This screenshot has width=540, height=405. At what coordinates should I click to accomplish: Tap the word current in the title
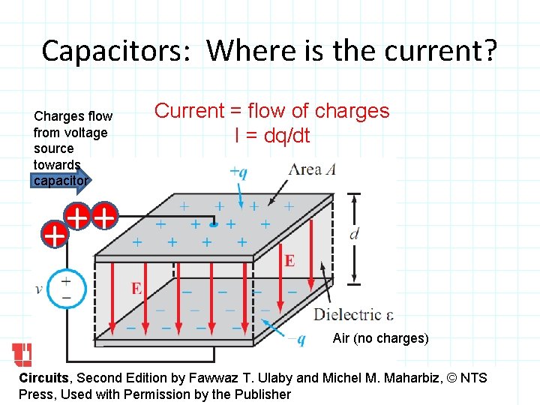(x=440, y=51)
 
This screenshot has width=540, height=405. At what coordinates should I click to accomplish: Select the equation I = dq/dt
(x=272, y=136)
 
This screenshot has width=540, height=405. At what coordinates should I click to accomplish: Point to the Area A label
(x=312, y=169)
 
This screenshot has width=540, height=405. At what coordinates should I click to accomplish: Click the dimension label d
(x=355, y=235)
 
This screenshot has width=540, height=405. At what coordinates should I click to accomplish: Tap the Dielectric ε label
(x=353, y=314)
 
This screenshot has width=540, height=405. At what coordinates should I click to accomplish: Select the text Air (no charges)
(x=380, y=338)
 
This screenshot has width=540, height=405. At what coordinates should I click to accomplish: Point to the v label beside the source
(x=39, y=289)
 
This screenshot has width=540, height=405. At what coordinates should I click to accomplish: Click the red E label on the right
(x=289, y=260)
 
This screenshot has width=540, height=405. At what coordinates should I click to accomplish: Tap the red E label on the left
(x=136, y=288)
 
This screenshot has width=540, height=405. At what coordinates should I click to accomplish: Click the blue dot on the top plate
(x=214, y=223)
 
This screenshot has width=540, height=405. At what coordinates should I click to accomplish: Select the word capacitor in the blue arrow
(x=61, y=180)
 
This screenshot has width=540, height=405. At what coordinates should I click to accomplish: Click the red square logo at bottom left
(x=22, y=355)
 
